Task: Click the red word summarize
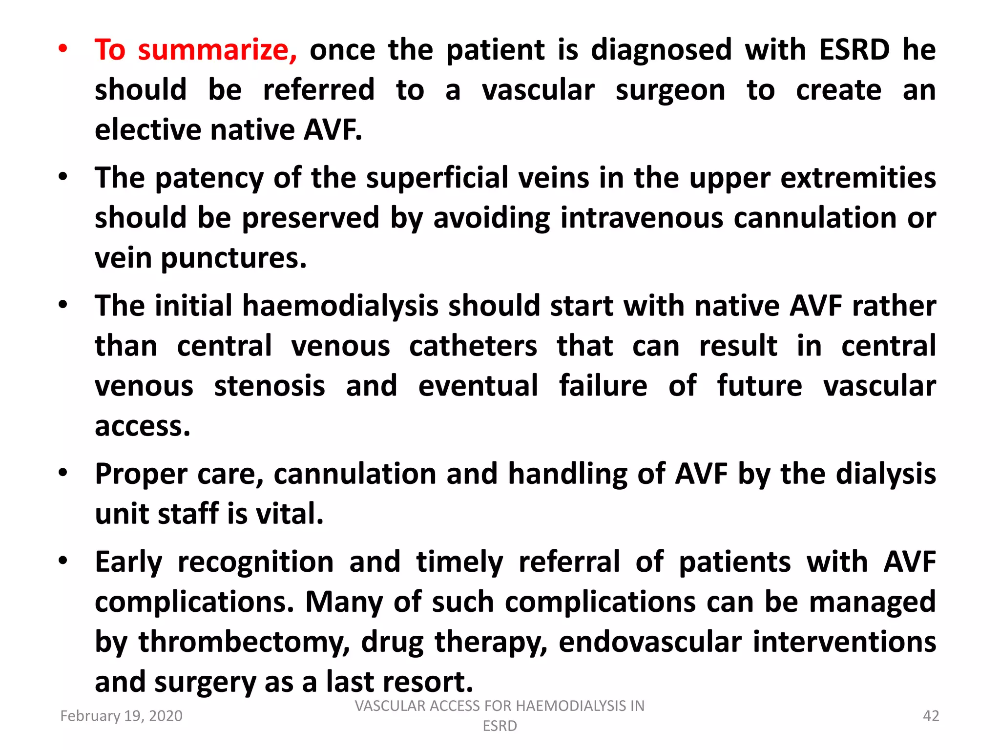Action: point(217,50)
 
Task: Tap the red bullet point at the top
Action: point(63,49)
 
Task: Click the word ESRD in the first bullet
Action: point(854,50)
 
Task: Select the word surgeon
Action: point(670,91)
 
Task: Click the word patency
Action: point(209,178)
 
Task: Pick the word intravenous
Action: point(642,218)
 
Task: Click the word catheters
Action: point(473,346)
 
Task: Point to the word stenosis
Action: point(270,386)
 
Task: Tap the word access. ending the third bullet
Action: point(142,426)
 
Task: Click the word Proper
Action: point(141,475)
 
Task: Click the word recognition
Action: point(255,562)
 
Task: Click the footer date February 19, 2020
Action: point(121,716)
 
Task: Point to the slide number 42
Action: point(931,716)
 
